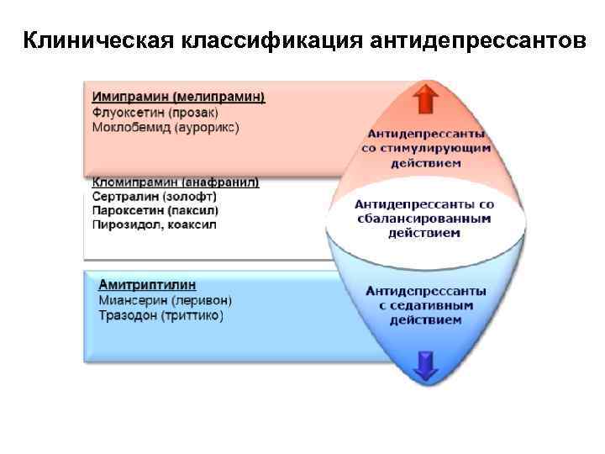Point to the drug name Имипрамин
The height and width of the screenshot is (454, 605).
pyautogui.click(x=126, y=98)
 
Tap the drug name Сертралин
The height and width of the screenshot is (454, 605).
pyautogui.click(x=124, y=196)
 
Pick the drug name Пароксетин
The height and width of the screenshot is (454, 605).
pyautogui.click(x=126, y=210)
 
